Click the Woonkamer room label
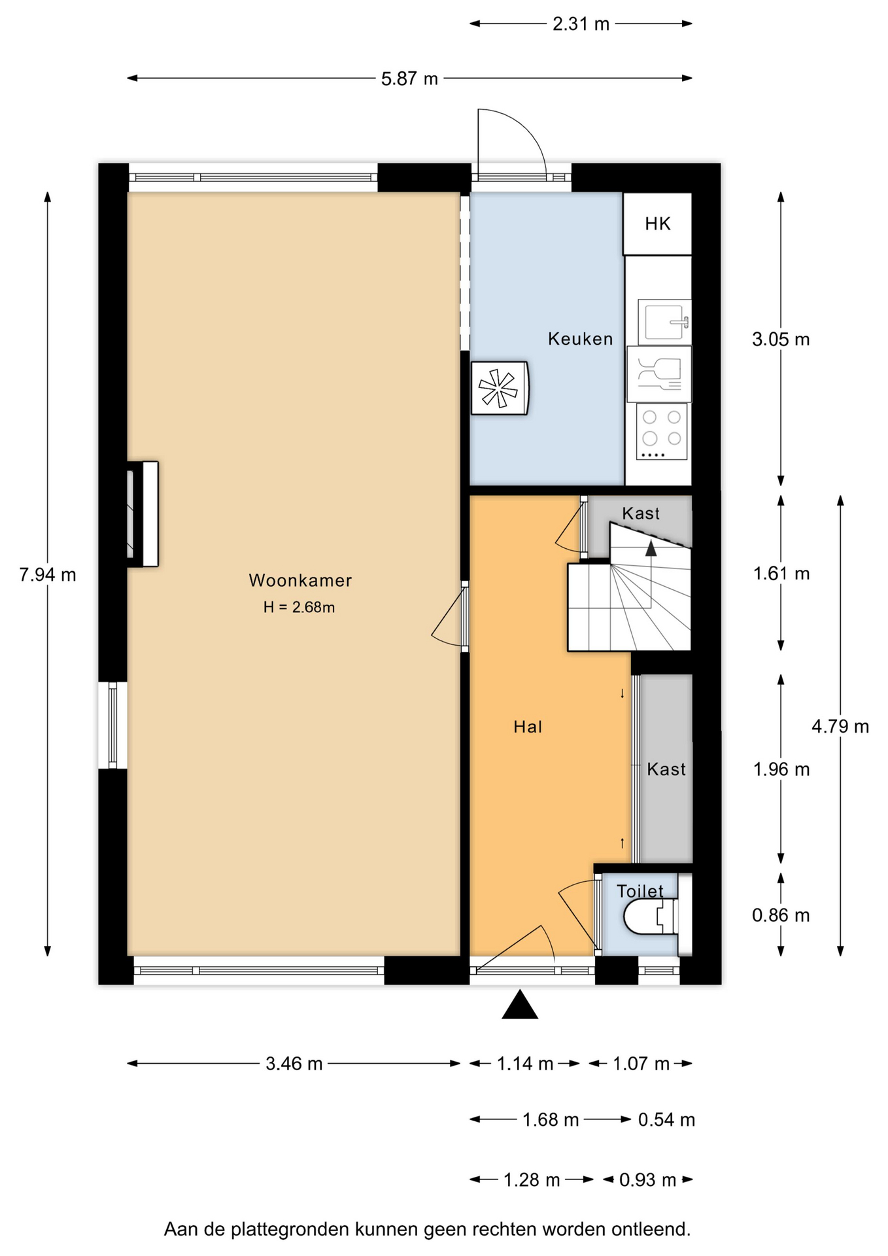point(300,580)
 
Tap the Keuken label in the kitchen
point(580,339)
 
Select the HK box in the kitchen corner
point(657,224)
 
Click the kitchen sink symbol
point(664,322)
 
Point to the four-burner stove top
point(661,432)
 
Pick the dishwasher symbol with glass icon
point(659,374)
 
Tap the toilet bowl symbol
point(651,916)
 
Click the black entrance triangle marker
point(520,1004)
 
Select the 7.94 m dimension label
point(48,575)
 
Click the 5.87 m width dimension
point(409,78)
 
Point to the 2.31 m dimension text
point(581,24)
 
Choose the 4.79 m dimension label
point(840,726)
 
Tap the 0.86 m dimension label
point(781,915)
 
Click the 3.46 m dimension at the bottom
point(294,1064)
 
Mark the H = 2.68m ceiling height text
point(299,607)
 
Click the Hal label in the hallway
point(528,727)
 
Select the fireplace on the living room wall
point(143,514)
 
